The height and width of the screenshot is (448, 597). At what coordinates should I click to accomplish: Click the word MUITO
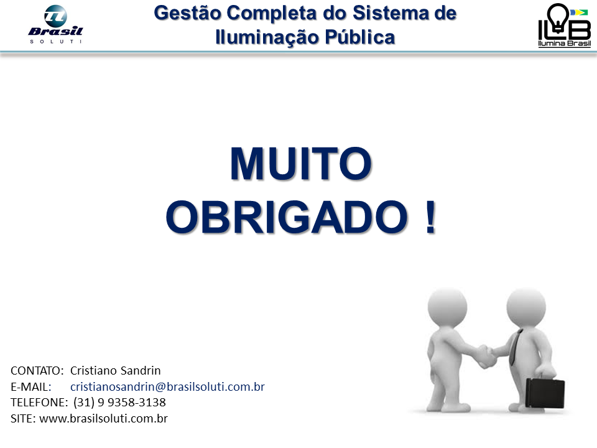pyautogui.click(x=300, y=164)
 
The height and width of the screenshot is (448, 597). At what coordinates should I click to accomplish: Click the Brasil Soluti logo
pyautogui.click(x=55, y=25)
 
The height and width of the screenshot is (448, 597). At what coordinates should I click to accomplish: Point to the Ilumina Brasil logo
pyautogui.click(x=564, y=26)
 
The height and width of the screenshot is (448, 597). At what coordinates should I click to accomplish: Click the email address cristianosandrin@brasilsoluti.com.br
pyautogui.click(x=167, y=386)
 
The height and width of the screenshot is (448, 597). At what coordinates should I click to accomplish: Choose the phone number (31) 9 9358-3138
pyautogui.click(x=119, y=402)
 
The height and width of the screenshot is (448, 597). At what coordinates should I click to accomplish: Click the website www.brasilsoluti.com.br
pyautogui.click(x=103, y=418)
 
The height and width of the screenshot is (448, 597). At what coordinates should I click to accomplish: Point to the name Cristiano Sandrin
pyautogui.click(x=116, y=371)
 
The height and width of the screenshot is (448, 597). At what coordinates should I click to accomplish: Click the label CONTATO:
pyautogui.click(x=37, y=371)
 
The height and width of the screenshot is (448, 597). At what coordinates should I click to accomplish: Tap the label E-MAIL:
pyautogui.click(x=30, y=386)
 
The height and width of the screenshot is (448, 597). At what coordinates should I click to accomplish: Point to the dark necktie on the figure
pyautogui.click(x=514, y=348)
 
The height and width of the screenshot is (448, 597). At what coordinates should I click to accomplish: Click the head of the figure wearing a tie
pyautogui.click(x=525, y=305)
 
